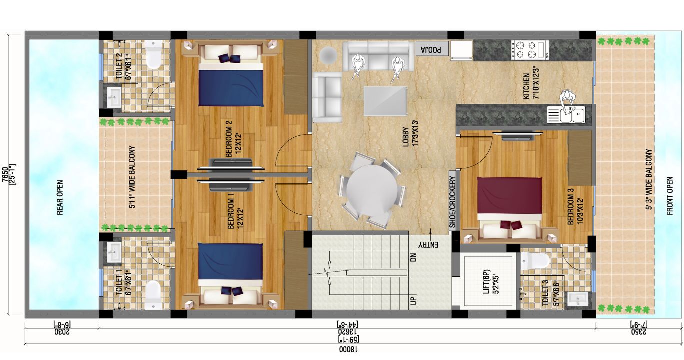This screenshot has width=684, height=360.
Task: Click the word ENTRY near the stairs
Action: (428, 244)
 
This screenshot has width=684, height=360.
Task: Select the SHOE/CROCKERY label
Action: (452, 202)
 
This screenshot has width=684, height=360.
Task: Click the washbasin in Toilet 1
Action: (114, 253)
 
